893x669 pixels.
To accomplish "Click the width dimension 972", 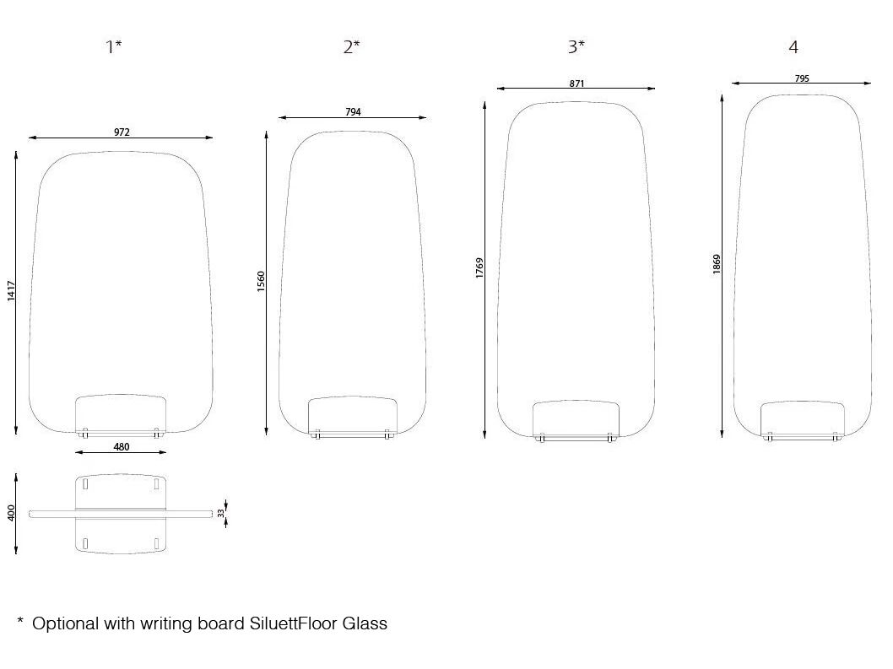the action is pyautogui.click(x=122, y=132).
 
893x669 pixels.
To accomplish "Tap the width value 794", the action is pyautogui.click(x=353, y=112).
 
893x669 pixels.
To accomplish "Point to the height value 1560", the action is pyautogui.click(x=261, y=281).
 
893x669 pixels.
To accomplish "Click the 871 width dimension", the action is pyautogui.click(x=577, y=84).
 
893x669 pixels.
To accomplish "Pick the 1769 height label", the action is pyautogui.click(x=479, y=268).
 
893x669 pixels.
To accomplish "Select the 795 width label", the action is pyautogui.click(x=802, y=78).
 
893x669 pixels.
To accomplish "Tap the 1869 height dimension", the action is pyautogui.click(x=717, y=264).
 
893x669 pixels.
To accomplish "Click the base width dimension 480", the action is pyautogui.click(x=122, y=447).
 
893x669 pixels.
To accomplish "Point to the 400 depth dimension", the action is pyautogui.click(x=11, y=512).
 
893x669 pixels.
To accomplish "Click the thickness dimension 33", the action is pyautogui.click(x=221, y=513).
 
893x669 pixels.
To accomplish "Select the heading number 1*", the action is pyautogui.click(x=114, y=46).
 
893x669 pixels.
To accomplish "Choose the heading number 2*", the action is pyautogui.click(x=351, y=46).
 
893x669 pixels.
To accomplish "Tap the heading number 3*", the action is pyautogui.click(x=576, y=46).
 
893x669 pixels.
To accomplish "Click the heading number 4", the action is pyautogui.click(x=793, y=47).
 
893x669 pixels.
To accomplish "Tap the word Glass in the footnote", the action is pyautogui.click(x=365, y=623).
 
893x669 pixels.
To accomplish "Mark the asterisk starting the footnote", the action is pyautogui.click(x=20, y=620).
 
